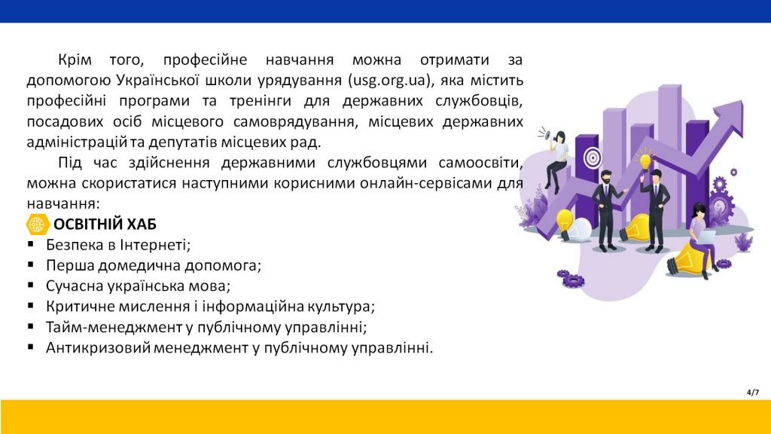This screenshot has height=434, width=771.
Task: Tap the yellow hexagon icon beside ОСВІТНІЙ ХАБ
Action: tap(38, 225)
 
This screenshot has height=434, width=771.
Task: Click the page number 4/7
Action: tap(753, 392)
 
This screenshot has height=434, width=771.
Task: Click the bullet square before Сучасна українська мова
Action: tap(31, 285)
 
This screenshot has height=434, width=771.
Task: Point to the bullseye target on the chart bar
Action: tap(593, 158)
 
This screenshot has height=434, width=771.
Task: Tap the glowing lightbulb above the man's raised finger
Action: tap(645, 160)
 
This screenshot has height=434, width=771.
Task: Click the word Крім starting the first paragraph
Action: tap(75, 60)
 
